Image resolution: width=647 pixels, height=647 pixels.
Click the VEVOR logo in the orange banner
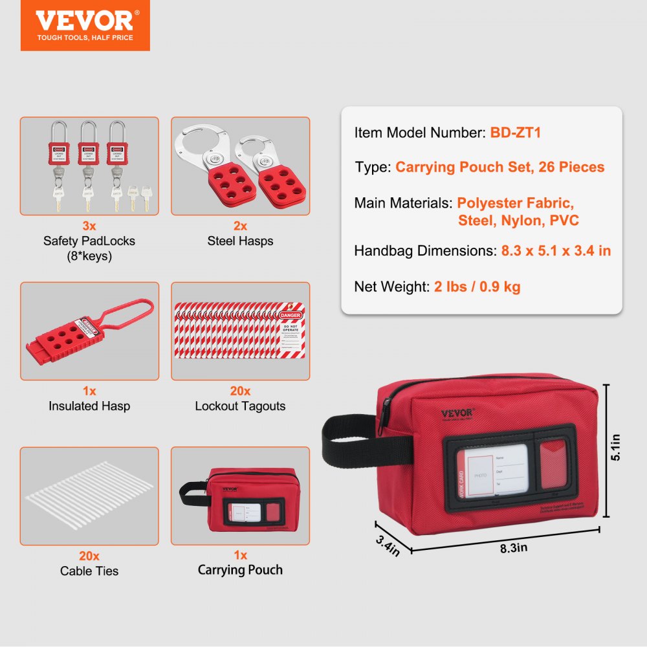85,21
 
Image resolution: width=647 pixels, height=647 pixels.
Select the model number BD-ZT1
515,133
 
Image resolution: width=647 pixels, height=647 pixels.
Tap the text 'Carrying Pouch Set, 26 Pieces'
499,168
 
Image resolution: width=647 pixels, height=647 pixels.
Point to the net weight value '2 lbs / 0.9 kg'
477,286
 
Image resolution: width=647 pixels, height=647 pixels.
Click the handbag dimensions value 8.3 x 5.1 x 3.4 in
556,250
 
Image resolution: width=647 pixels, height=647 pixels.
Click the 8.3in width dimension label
514,547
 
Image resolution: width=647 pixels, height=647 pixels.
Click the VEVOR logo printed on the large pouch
457,414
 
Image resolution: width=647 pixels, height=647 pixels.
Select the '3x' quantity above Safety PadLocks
89,226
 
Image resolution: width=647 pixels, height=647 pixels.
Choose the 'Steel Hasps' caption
240,241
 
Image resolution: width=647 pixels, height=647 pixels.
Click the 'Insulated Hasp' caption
89,406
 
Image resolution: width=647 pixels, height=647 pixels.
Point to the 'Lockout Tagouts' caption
240,406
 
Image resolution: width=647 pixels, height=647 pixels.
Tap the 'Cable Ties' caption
89,571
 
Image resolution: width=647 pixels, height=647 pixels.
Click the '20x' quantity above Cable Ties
89,556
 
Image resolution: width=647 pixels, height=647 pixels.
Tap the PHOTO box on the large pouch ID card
479,476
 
